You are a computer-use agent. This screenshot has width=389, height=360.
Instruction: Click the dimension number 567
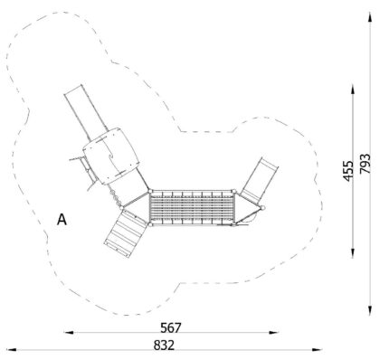click(x=171, y=327)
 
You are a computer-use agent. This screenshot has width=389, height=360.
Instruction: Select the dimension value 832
click(x=164, y=346)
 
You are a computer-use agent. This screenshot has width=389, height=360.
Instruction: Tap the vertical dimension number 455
click(x=348, y=171)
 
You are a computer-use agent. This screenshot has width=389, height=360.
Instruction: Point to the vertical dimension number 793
click(x=365, y=164)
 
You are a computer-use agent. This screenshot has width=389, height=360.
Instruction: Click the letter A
click(x=62, y=220)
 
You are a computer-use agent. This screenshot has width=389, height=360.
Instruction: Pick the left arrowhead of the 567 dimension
click(x=69, y=332)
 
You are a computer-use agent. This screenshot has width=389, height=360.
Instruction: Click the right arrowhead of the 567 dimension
click(x=274, y=332)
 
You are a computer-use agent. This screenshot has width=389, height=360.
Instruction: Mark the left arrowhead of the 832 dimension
click(x=11, y=350)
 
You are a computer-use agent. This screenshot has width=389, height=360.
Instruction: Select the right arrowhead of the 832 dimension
click(x=317, y=350)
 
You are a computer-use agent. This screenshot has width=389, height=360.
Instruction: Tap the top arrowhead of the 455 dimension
click(x=353, y=90)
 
